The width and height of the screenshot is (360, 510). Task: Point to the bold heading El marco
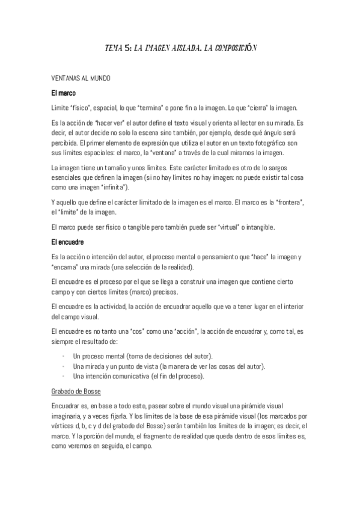[63, 93]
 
